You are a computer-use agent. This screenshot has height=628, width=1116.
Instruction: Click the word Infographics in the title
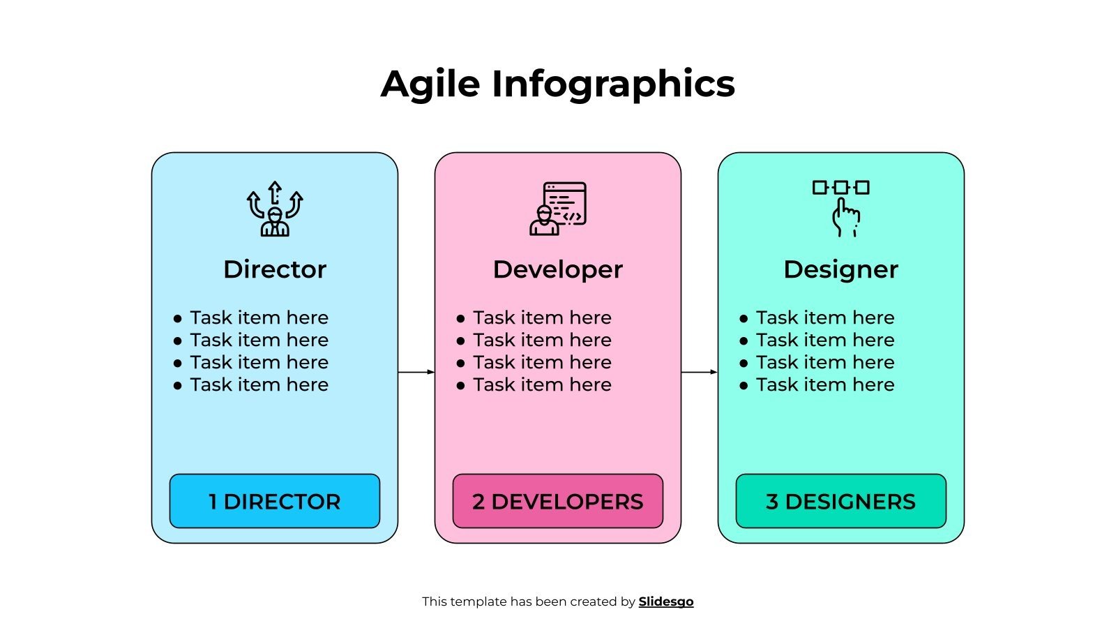[x=613, y=84]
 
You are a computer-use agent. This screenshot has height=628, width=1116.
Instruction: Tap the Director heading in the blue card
[x=275, y=269]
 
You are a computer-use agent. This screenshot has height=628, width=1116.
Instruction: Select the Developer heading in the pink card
[x=557, y=269]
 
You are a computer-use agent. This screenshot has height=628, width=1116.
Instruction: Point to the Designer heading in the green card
[x=840, y=269]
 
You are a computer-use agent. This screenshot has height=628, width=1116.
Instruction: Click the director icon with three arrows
[x=275, y=209]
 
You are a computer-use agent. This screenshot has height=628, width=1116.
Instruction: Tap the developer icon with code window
[x=558, y=209]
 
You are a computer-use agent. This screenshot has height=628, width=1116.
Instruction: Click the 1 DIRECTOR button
[x=275, y=501]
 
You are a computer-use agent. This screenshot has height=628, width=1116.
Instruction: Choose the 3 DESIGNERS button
[x=840, y=501]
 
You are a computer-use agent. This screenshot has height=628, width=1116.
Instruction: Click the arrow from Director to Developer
[x=416, y=372]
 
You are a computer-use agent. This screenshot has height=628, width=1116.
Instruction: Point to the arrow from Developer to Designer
[x=700, y=372]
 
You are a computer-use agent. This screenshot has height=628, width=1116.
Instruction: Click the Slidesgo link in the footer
[x=665, y=601]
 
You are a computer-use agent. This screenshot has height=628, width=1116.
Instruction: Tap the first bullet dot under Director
[x=177, y=319]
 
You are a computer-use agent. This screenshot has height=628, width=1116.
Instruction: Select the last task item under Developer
[x=542, y=384]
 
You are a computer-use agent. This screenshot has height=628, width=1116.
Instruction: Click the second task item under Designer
[x=825, y=340]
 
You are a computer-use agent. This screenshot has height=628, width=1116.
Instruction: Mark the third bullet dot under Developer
[x=460, y=364]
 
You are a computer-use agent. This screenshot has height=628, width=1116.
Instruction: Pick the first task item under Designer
[x=825, y=317]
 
